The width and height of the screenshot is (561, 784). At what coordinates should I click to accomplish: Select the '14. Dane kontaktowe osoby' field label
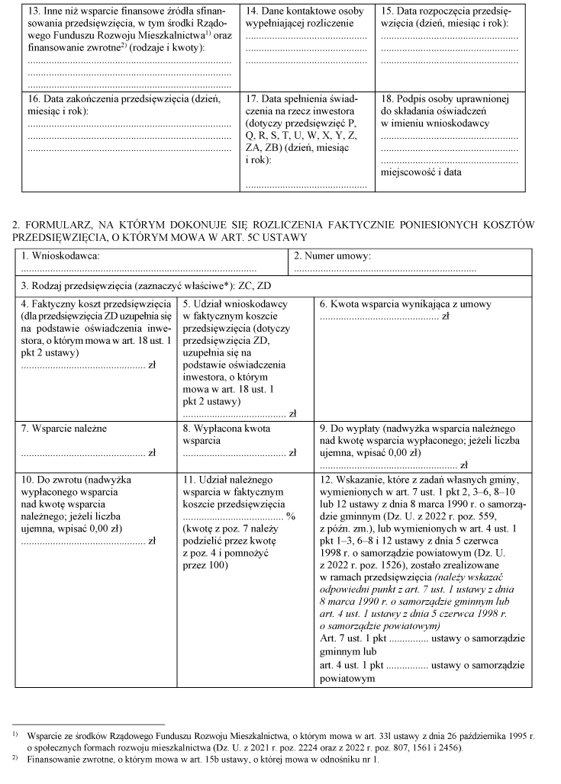[305, 12]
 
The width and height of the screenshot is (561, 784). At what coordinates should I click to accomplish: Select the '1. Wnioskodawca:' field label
[60, 256]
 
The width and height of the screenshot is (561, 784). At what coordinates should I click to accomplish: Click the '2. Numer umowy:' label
[333, 256]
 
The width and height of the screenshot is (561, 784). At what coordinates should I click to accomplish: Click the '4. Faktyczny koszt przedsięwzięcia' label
[96, 304]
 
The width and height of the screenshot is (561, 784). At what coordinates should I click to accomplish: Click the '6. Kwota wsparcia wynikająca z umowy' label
[405, 304]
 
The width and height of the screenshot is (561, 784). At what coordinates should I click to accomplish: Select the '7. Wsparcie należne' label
[64, 429]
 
